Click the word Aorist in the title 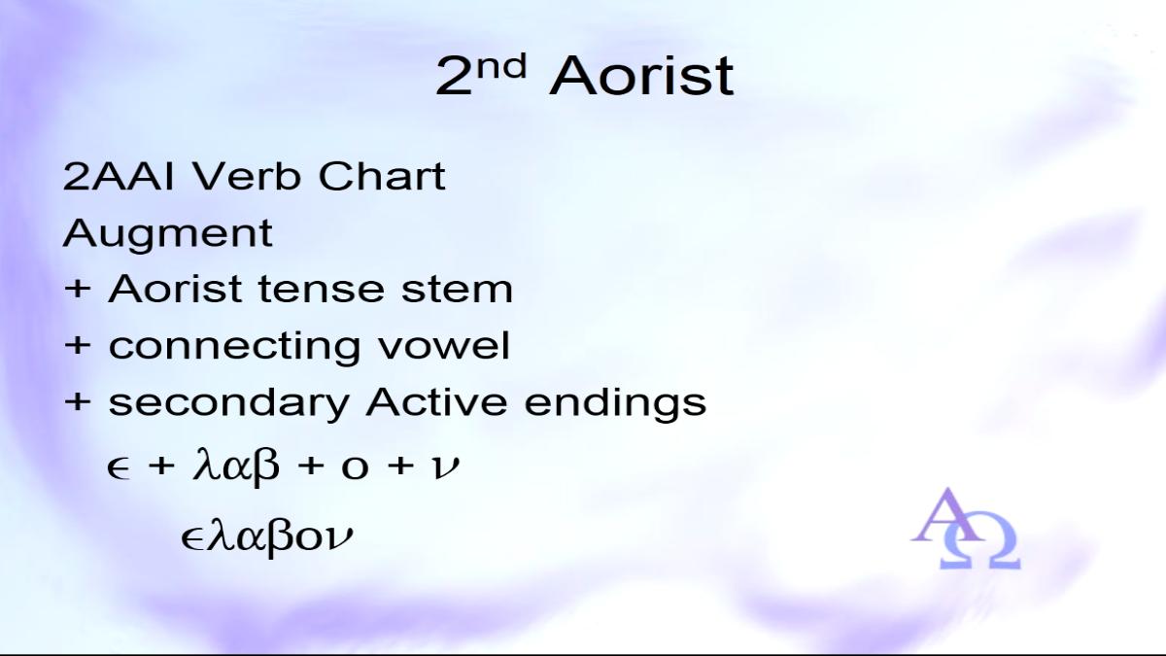click(641, 77)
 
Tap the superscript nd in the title click(501, 66)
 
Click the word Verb click(247, 177)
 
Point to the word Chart click(382, 177)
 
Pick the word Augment click(167, 233)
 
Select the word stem click(457, 290)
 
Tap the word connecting click(234, 347)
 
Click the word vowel click(443, 346)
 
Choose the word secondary click(228, 403)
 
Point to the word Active click(436, 402)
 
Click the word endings click(615, 404)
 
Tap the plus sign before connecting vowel click(78, 346)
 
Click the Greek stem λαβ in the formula click(236, 465)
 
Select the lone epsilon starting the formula click(118, 468)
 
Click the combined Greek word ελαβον click(267, 536)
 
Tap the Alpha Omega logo click(966, 529)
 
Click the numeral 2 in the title click(454, 77)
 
